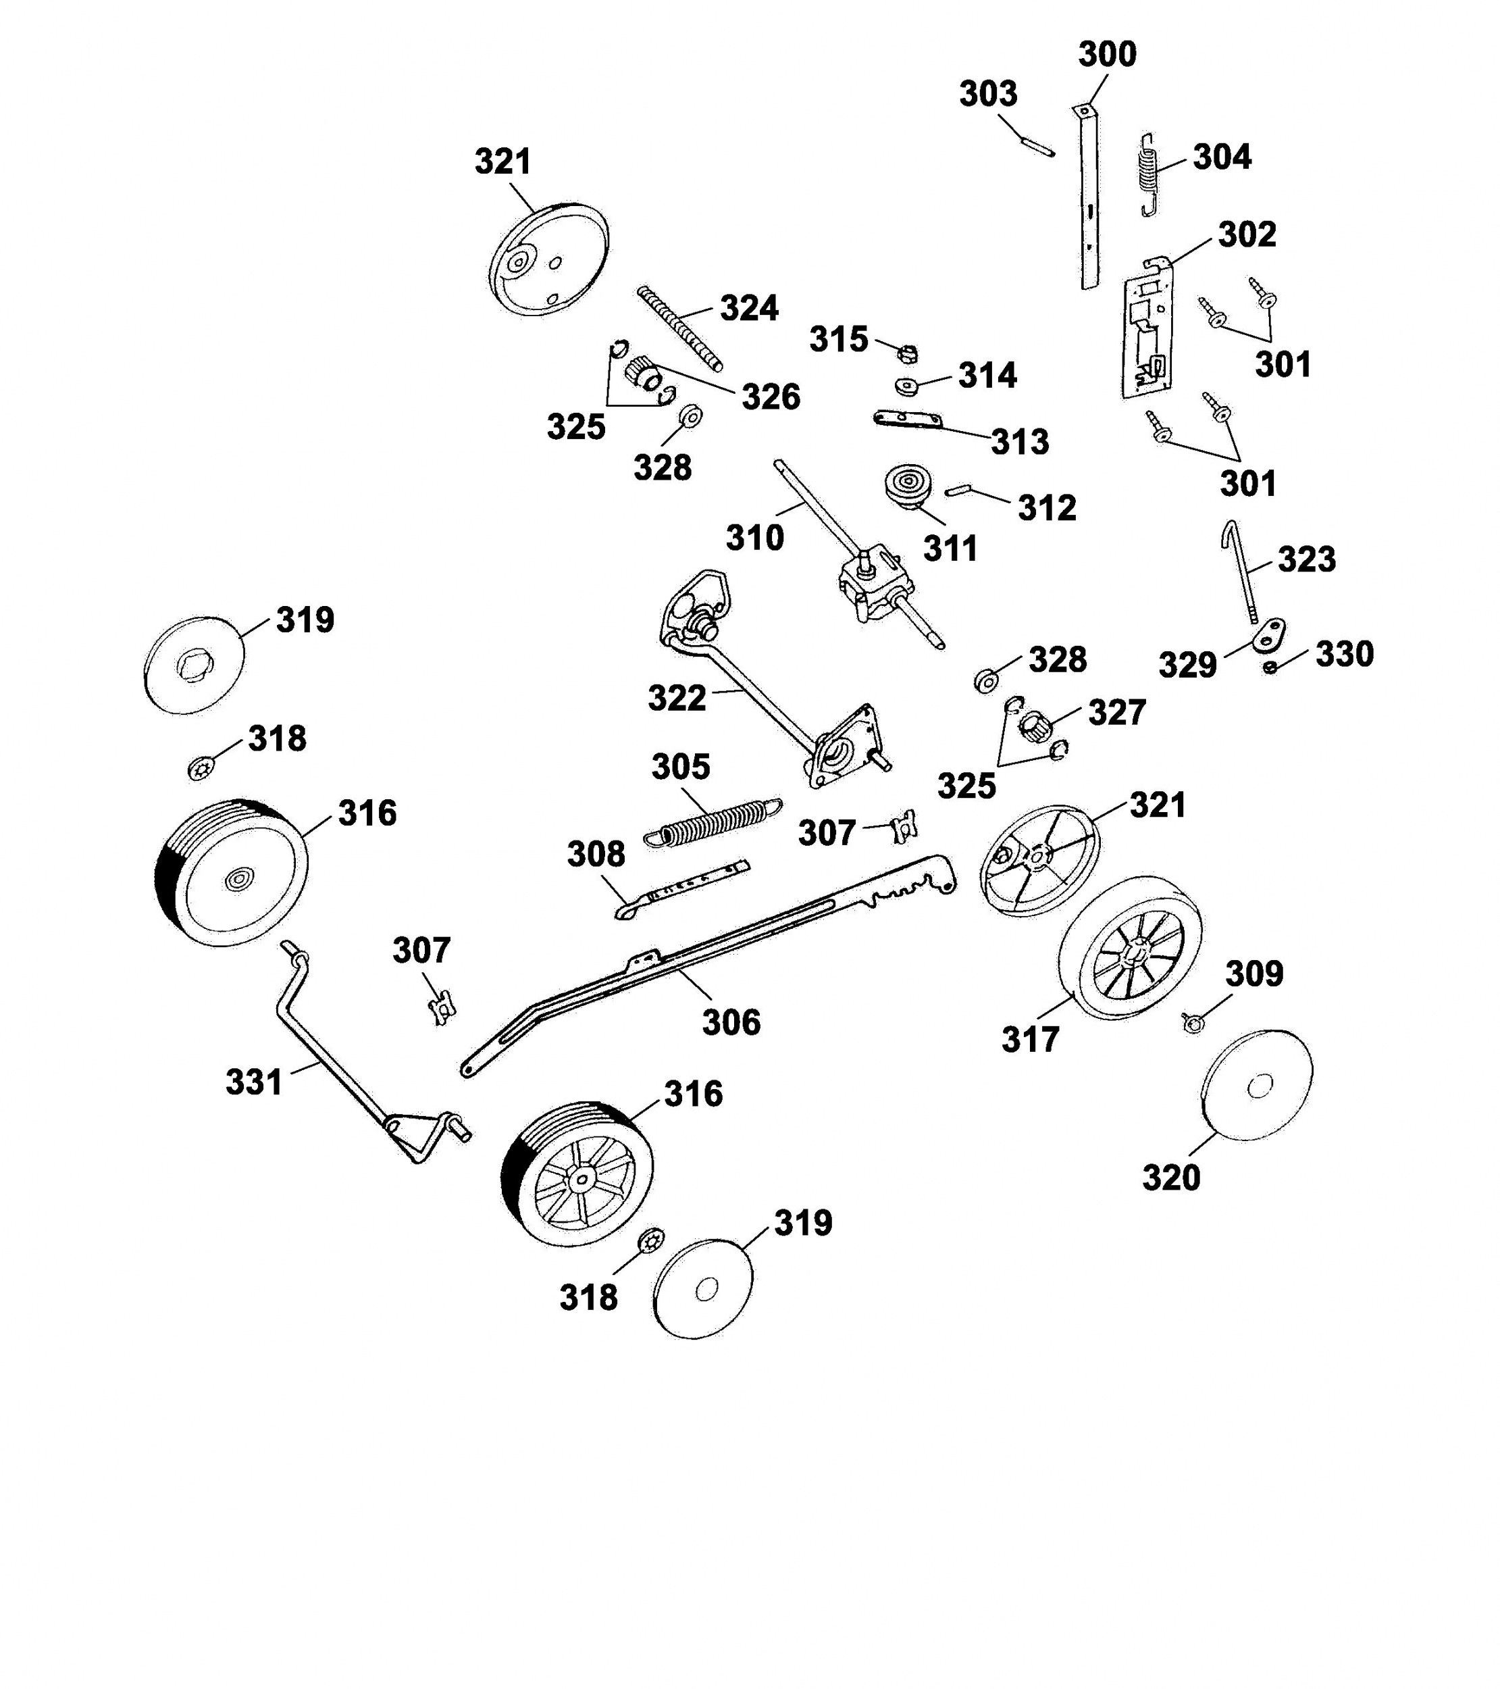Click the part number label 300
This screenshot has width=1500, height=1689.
pyautogui.click(x=1107, y=55)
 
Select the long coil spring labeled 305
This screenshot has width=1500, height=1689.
pyautogui.click(x=712, y=822)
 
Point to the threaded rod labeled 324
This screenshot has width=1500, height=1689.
pyautogui.click(x=680, y=328)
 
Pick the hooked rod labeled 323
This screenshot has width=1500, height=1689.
pyautogui.click(x=1241, y=571)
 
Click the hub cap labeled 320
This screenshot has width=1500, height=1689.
pyautogui.click(x=1256, y=1086)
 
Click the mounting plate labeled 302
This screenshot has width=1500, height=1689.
pyautogui.click(x=1148, y=326)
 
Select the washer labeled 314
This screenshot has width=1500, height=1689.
pyautogui.click(x=908, y=385)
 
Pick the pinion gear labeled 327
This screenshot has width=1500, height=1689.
pyautogui.click(x=1034, y=727)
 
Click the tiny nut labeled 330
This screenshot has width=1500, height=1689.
pyautogui.click(x=1270, y=667)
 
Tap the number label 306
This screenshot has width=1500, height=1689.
pyautogui.click(x=731, y=1022)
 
